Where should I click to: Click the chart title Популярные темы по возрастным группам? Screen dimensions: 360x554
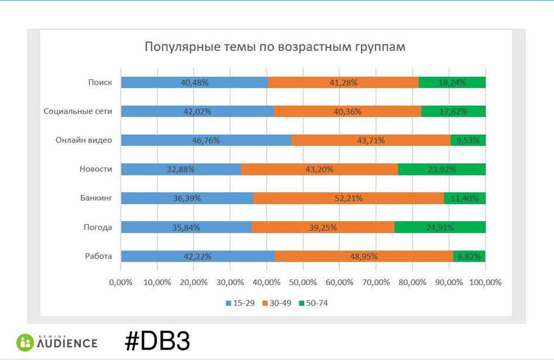pos(275,47)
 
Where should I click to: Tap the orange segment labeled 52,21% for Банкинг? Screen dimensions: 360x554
pos(348,198)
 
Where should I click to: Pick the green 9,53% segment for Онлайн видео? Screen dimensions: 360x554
pos(468,140)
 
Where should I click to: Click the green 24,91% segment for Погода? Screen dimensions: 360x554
pos(440,228)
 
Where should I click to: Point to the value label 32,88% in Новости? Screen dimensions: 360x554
pos(181,170)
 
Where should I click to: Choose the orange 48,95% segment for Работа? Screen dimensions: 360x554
pos(363,256)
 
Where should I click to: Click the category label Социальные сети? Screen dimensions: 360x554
pos(78,111)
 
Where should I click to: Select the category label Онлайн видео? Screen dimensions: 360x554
pos(84,140)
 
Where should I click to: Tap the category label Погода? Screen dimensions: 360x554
pos(97,228)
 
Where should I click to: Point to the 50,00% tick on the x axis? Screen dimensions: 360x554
pos(303,282)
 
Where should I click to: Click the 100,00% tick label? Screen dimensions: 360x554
pos(485,282)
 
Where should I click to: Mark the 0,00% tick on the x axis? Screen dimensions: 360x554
pos(121,282)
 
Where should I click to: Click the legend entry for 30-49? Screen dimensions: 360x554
pos(276,303)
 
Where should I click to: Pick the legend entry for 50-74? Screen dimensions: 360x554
pos(313,303)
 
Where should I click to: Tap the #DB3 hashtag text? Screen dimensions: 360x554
pos(157,341)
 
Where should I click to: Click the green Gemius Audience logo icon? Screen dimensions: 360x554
pos(25,342)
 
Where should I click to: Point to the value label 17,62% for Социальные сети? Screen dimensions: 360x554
pos(453,111)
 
